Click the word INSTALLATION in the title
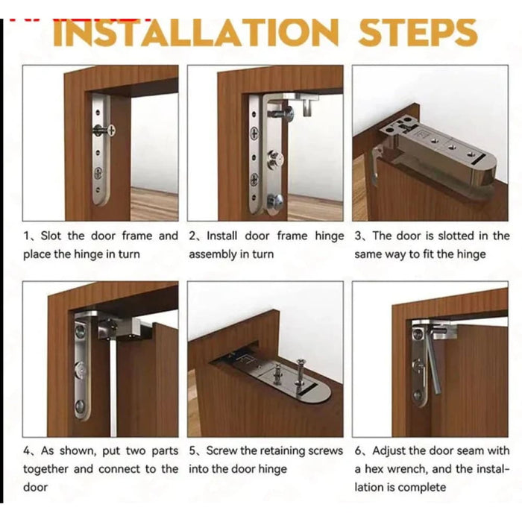click(x=195, y=33)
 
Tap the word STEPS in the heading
click(x=417, y=33)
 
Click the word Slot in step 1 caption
click(x=51, y=236)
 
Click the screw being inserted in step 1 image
click(x=104, y=130)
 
